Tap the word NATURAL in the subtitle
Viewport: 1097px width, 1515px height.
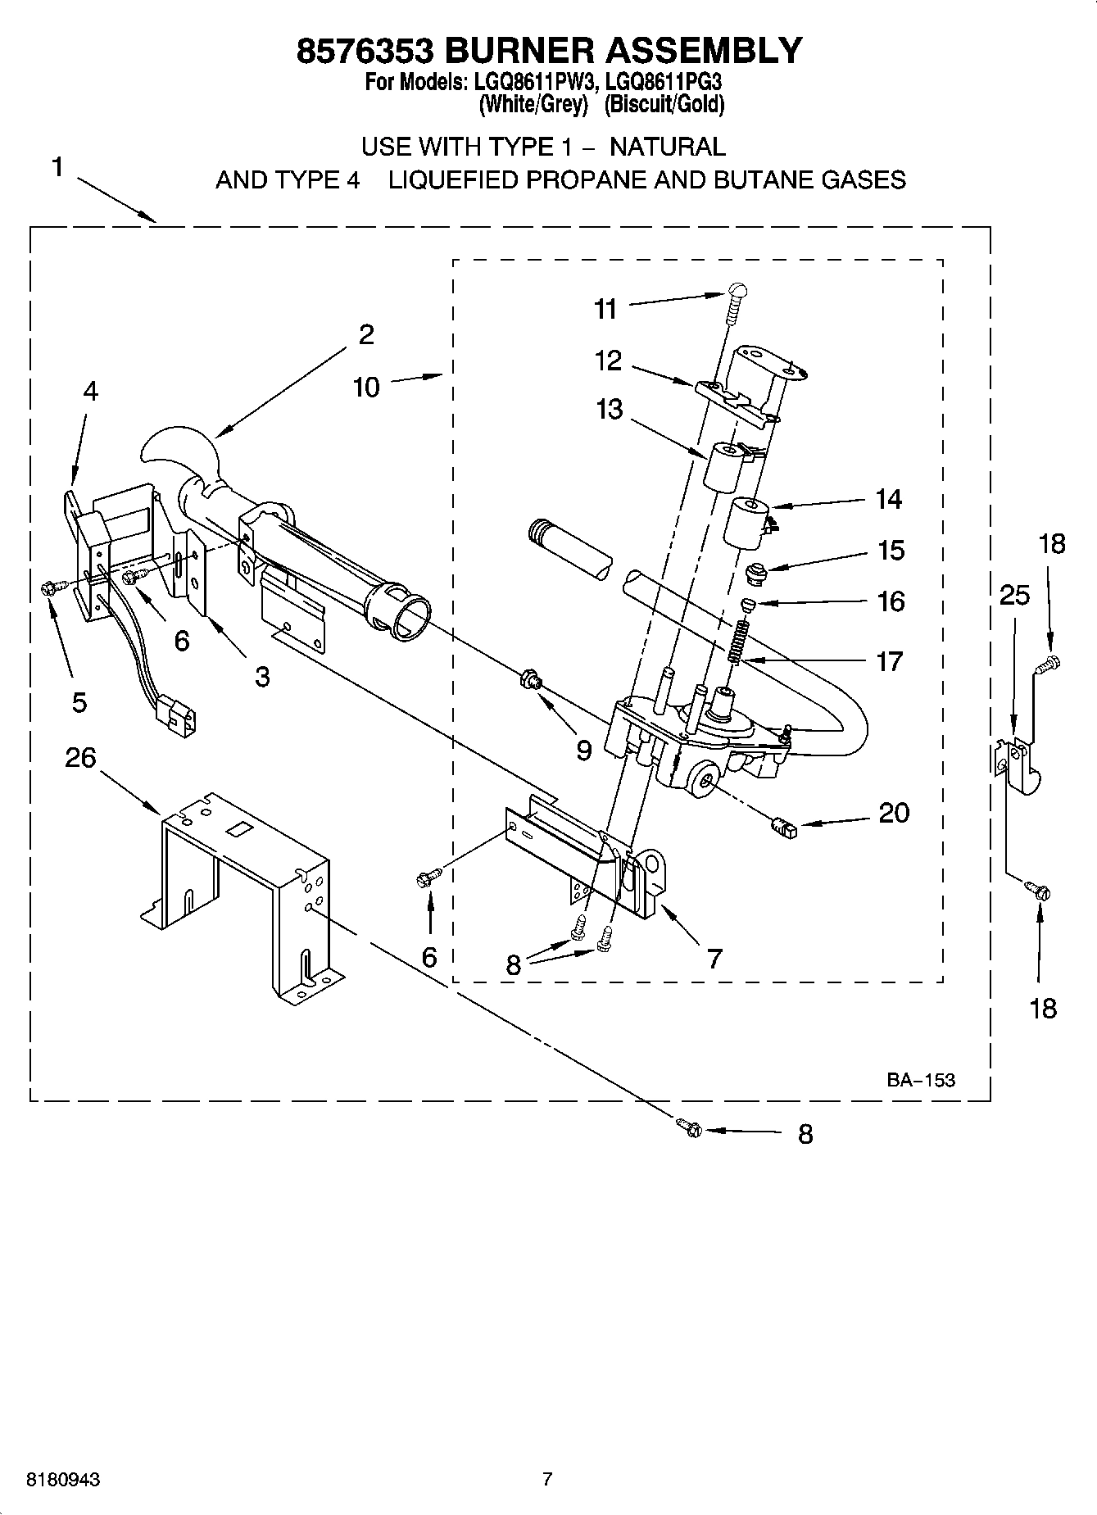(668, 147)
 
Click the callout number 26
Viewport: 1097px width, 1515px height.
(80, 758)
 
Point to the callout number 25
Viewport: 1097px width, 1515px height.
(1014, 595)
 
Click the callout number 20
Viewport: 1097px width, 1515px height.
(894, 813)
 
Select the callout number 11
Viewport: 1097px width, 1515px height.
(605, 309)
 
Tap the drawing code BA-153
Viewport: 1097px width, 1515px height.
(920, 1080)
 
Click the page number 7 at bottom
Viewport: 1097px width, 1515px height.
(547, 1480)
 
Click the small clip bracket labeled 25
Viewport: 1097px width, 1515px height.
(1018, 764)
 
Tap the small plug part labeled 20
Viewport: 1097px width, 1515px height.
(784, 828)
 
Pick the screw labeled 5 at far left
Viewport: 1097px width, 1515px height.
(48, 587)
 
